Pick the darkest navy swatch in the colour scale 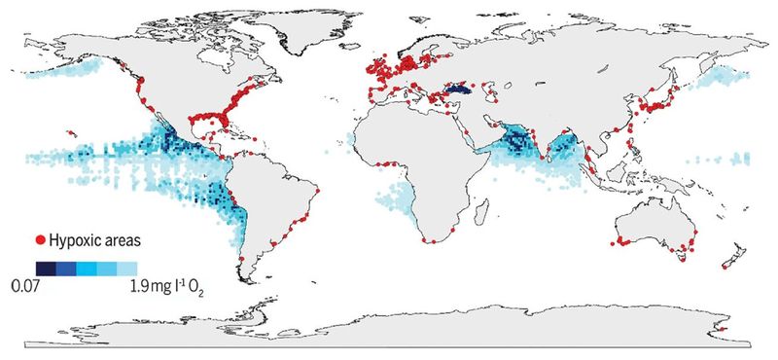point(45,268)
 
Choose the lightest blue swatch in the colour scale point(126,268)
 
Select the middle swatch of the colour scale point(86,268)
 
